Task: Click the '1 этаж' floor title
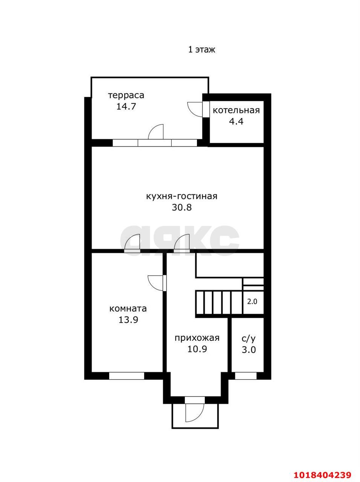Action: (202, 50)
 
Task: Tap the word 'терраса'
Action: (126, 96)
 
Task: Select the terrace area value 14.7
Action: (126, 107)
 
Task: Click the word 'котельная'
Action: (236, 110)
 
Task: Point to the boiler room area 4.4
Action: (236, 121)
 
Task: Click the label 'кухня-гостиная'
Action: (182, 196)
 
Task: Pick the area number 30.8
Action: (182, 207)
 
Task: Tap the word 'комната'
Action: (128, 308)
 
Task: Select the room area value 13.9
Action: (128, 320)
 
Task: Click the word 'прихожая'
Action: (197, 338)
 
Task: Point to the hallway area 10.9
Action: (197, 349)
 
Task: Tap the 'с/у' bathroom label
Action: (249, 339)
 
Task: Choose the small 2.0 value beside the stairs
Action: (252, 302)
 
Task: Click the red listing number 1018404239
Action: (323, 467)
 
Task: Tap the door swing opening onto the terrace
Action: (156, 132)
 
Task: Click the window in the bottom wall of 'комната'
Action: (127, 376)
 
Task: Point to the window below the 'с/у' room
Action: (246, 376)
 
